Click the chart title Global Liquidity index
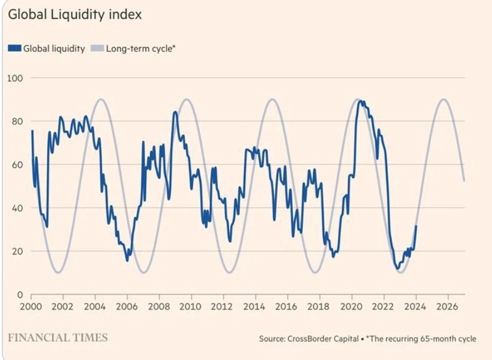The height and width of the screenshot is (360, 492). click(x=75, y=14)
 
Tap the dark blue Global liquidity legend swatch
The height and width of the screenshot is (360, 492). click(x=14, y=49)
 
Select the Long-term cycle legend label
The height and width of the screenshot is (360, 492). click(x=141, y=49)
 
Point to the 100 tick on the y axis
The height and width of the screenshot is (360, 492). click(x=15, y=78)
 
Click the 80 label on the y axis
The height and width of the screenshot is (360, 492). click(x=17, y=121)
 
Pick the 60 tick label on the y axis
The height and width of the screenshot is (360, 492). click(x=17, y=164)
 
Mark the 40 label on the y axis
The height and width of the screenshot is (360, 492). click(x=17, y=208)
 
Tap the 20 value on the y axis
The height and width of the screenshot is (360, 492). click(x=17, y=251)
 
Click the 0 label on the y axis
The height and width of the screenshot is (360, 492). click(x=19, y=295)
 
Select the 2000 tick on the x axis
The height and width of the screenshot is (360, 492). click(x=31, y=307)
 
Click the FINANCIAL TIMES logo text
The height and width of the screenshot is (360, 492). click(x=58, y=338)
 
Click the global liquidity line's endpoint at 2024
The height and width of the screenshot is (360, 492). click(x=416, y=226)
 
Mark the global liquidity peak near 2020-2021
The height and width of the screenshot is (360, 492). click(x=361, y=101)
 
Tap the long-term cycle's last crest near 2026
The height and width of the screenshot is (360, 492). click(x=444, y=99)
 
